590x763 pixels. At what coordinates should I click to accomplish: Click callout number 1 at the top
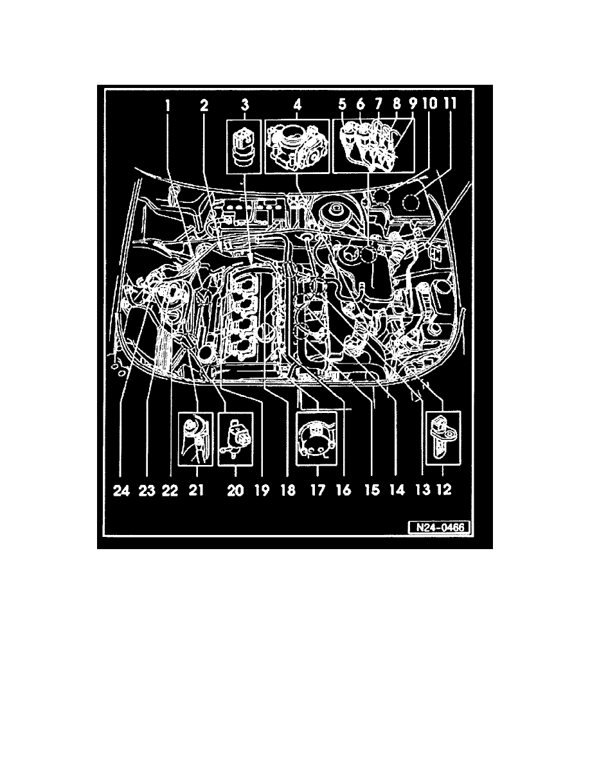tap(167, 105)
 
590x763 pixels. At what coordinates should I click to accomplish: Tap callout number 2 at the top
tap(204, 105)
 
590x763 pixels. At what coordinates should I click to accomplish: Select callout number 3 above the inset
tap(246, 105)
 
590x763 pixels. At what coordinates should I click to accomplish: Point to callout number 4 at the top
tap(297, 105)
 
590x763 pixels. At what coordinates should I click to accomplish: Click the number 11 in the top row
tap(449, 103)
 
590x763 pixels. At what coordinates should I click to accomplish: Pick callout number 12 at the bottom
tap(444, 489)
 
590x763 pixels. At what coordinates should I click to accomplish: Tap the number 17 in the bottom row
tap(317, 489)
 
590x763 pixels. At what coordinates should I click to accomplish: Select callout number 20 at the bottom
tap(236, 489)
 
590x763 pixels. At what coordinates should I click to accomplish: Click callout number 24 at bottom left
tap(121, 490)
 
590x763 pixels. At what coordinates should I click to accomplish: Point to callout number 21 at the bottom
tap(195, 489)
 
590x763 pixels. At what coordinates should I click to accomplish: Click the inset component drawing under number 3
tap(245, 148)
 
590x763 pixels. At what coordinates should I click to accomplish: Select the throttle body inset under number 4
tap(297, 148)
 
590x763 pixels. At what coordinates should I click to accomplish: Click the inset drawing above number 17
tap(316, 439)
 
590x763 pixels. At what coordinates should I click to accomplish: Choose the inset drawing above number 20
tap(236, 439)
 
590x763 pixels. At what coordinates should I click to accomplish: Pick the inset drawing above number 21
tap(195, 439)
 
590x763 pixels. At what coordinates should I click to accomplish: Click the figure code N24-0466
tap(438, 527)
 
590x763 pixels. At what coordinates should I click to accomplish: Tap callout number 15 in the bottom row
tap(372, 489)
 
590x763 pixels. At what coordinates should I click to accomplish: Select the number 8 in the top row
tap(397, 103)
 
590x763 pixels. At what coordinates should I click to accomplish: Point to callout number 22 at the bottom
tap(170, 490)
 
